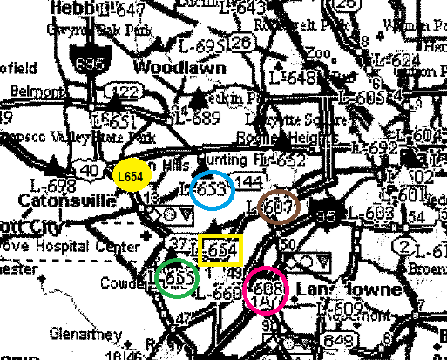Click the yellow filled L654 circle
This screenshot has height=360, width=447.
pyautogui.click(x=131, y=175)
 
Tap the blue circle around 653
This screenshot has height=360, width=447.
pyautogui.click(x=212, y=188)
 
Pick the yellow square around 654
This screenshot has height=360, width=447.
pyautogui.click(x=219, y=249)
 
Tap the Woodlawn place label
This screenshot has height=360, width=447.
pyautogui.click(x=179, y=67)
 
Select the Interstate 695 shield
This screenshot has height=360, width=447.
pyautogui.click(x=84, y=62)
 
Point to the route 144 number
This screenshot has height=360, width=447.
pyautogui.click(x=248, y=183)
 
